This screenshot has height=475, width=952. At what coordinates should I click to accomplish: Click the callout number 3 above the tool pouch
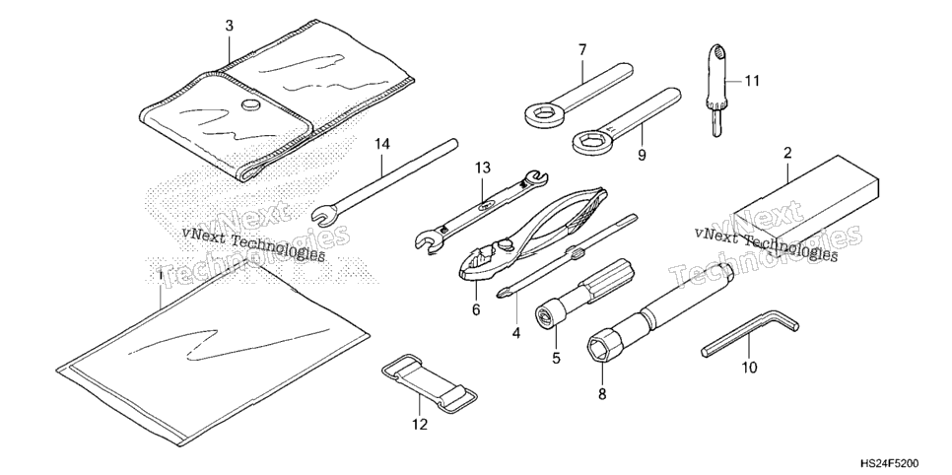[x=229, y=27]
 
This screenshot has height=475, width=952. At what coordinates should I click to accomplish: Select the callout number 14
[x=382, y=145]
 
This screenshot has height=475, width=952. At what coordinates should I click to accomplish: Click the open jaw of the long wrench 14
[x=323, y=215]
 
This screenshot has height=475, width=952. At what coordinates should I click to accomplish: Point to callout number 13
[x=482, y=168]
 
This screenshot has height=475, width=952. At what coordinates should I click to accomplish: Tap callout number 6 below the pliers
[x=476, y=309]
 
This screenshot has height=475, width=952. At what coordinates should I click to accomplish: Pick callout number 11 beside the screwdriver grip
[x=752, y=81]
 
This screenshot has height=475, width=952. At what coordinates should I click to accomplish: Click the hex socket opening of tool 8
[x=597, y=349]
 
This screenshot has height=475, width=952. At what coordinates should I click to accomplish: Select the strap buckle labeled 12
[x=430, y=384]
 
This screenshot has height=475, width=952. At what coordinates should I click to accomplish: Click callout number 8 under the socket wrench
[x=602, y=394]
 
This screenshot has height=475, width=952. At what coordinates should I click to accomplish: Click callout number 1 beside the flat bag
[x=160, y=275]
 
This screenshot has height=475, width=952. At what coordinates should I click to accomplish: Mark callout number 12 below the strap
[x=420, y=425]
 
